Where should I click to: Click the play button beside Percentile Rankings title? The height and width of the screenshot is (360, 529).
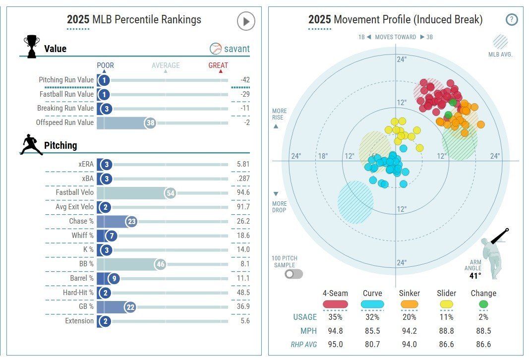pyautogui.click(x=246, y=21)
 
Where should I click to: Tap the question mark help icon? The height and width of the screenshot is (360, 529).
pyautogui.click(x=512, y=20)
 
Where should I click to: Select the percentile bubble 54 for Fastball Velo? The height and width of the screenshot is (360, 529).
pyautogui.click(x=171, y=193)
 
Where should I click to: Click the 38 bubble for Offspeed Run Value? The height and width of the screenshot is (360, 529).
pyautogui.click(x=150, y=123)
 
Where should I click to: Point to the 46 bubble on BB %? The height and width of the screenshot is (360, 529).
pyautogui.click(x=160, y=264)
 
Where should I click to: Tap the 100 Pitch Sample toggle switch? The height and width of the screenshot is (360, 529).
pyautogui.click(x=294, y=273)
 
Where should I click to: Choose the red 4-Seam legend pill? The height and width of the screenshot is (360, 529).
pyautogui.click(x=335, y=304)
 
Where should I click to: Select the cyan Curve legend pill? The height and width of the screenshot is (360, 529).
pyautogui.click(x=372, y=304)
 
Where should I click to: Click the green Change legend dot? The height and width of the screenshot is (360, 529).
pyautogui.click(x=483, y=304)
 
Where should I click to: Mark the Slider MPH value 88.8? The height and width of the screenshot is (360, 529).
pyautogui.click(x=446, y=331)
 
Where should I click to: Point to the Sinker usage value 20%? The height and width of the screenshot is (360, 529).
pyautogui.click(x=410, y=317)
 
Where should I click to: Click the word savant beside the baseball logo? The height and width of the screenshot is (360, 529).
pyautogui.click(x=236, y=49)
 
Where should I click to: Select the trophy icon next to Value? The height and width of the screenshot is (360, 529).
pyautogui.click(x=32, y=47)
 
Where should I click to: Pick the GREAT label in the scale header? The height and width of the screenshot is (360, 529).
pyautogui.click(x=218, y=65)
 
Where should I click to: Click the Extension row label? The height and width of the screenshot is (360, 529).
pyautogui.click(x=80, y=321)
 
